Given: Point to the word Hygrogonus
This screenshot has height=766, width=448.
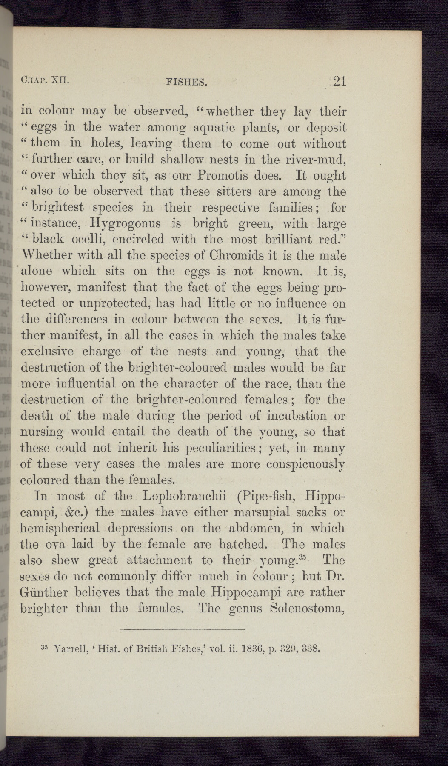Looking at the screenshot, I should tap(125, 223).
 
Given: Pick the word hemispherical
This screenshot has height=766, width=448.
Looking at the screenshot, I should tap(60, 529).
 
